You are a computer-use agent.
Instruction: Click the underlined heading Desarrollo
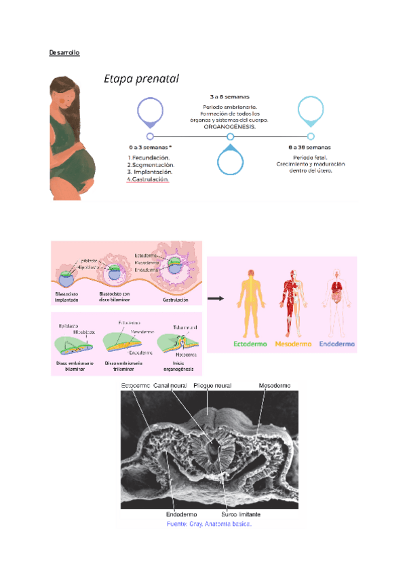coord(64,52)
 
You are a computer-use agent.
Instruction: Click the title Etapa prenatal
coord(141,79)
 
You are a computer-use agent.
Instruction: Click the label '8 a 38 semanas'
coord(309,147)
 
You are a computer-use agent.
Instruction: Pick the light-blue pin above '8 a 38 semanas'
coord(311,110)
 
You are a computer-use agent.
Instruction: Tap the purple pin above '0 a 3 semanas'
coord(150,111)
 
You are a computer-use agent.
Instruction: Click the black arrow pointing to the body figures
coord(216,298)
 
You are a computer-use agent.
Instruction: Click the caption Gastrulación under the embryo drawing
coord(175,298)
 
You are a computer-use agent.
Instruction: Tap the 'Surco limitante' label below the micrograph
coord(241,515)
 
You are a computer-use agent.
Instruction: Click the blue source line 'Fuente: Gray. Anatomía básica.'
coord(209,524)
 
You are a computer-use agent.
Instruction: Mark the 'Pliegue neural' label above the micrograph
coord(212,386)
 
